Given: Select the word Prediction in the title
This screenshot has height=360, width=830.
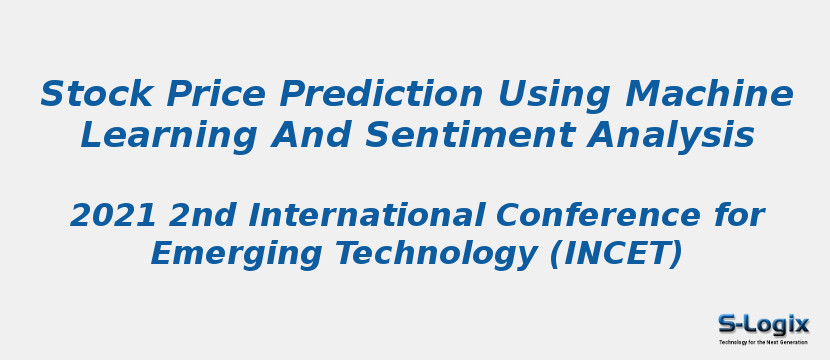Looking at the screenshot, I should (377, 94).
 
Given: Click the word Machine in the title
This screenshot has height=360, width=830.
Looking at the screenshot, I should (709, 94).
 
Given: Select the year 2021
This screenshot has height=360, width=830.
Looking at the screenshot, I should (110, 215).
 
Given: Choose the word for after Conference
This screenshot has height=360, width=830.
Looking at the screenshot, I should (738, 215).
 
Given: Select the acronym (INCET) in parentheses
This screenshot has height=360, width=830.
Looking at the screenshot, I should (616, 254).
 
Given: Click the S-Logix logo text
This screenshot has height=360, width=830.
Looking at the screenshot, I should (763, 324).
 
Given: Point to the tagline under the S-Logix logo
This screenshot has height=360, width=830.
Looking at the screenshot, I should (763, 342).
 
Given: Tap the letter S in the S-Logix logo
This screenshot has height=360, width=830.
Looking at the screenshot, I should (727, 324).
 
